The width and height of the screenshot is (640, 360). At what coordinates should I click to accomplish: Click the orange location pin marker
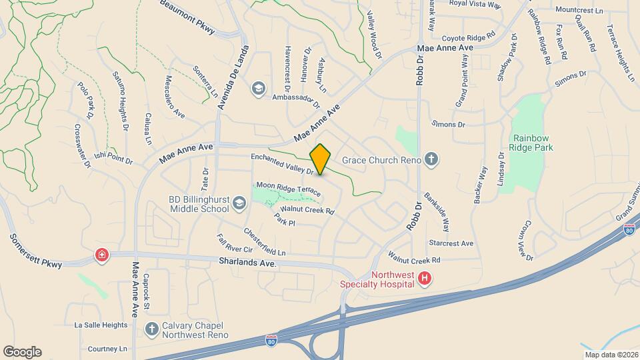pyautogui.click(x=320, y=159)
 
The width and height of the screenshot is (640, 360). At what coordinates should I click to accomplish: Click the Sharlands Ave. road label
pyautogui.click(x=247, y=263)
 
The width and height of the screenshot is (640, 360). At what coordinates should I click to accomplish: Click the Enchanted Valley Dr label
pyautogui.click(x=282, y=164)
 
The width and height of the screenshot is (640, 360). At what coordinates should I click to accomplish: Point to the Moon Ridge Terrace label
pyautogui.click(x=289, y=189)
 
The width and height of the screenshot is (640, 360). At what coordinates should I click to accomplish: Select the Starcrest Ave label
pyautogui.click(x=451, y=243)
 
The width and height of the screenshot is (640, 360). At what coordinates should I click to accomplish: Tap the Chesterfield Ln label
pyautogui.click(x=264, y=243)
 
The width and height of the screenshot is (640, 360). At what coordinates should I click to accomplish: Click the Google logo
pyautogui.click(x=22, y=351)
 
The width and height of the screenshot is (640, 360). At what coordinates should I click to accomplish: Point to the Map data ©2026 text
pyautogui.click(x=611, y=355)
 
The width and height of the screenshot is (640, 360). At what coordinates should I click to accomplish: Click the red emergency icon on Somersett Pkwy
pyautogui.click(x=101, y=255)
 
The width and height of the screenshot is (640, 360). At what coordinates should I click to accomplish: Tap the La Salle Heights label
pyautogui.click(x=101, y=325)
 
